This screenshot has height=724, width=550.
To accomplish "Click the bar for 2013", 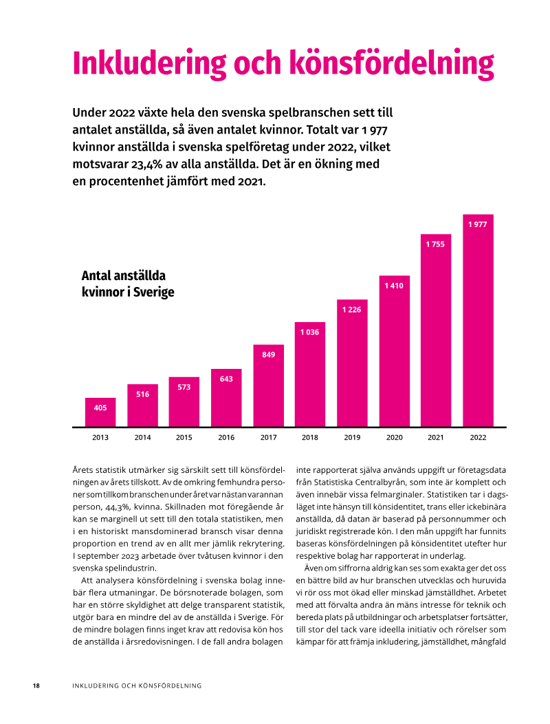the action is (100, 412).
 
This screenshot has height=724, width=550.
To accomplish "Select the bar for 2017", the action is (269, 385).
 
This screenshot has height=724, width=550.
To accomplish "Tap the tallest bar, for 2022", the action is (478, 321).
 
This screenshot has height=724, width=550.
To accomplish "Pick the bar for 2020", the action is (395, 351).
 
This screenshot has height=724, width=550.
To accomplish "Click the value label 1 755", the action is (435, 244).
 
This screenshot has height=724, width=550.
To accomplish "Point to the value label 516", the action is (142, 394).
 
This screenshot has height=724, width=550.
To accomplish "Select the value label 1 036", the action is (309, 332).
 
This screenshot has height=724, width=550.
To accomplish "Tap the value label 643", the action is (226, 379).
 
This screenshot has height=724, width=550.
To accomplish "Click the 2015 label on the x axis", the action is (184, 437).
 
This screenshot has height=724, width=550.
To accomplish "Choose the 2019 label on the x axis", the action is (352, 437).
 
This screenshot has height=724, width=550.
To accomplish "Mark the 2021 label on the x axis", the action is (436, 437).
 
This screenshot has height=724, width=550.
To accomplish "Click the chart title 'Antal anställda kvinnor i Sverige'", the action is (128, 284).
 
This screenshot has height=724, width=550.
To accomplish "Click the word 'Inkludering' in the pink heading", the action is (149, 64).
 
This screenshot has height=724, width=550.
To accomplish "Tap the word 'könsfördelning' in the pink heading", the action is (392, 64).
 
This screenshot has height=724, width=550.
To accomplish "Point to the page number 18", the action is (36, 685).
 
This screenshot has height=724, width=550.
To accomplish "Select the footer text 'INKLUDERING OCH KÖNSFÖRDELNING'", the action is (137, 685).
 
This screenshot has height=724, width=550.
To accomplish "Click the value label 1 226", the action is (351, 310).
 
